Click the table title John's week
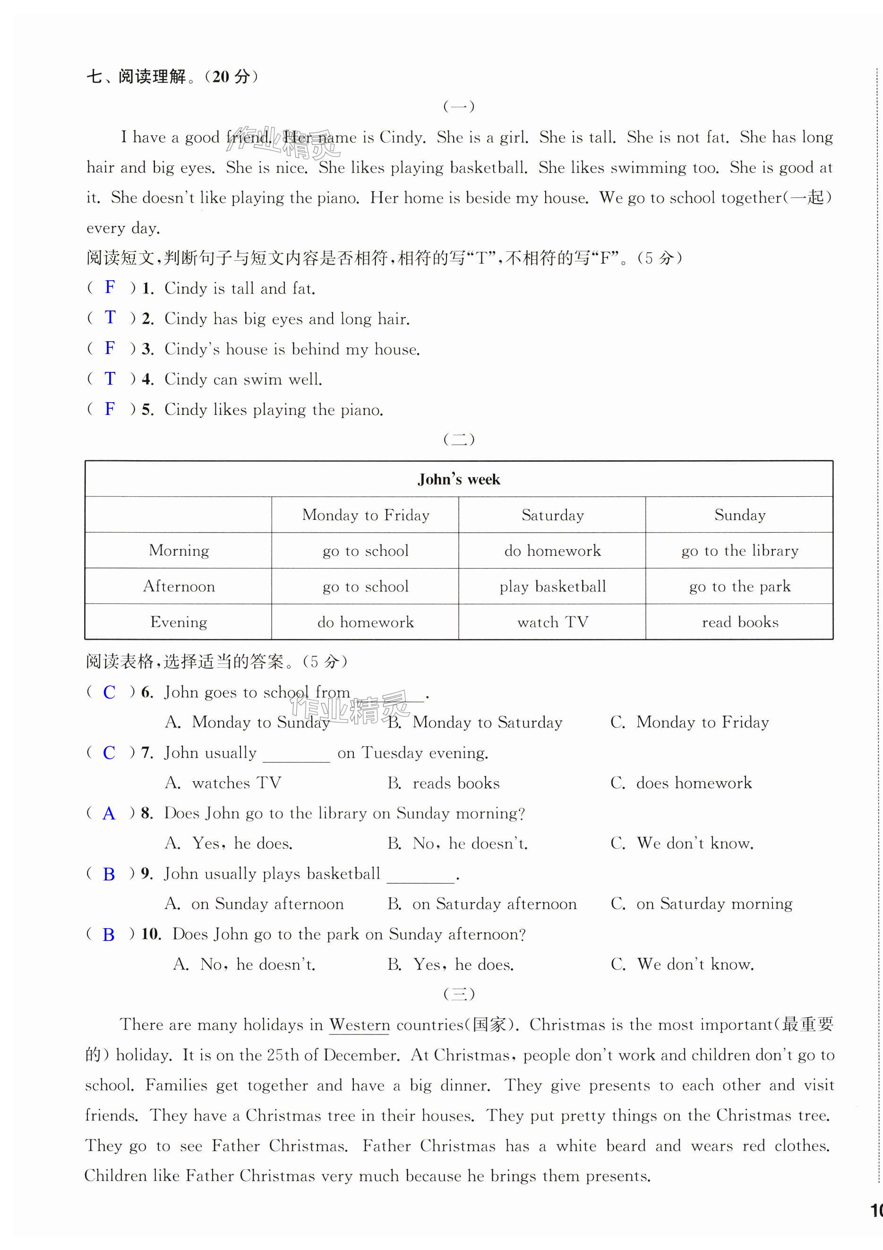tap(458, 479)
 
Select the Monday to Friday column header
tap(365, 515)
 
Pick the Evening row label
tap(179, 622)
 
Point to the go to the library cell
tap(739, 551)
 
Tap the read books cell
tap(739, 622)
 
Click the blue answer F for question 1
tap(110, 287)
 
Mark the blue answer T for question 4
tap(110, 379)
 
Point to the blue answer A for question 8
tap(109, 813)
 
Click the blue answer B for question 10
tap(109, 934)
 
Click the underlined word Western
tap(360, 1025)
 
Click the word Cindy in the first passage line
tap(401, 137)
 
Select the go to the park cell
tap(739, 586)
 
